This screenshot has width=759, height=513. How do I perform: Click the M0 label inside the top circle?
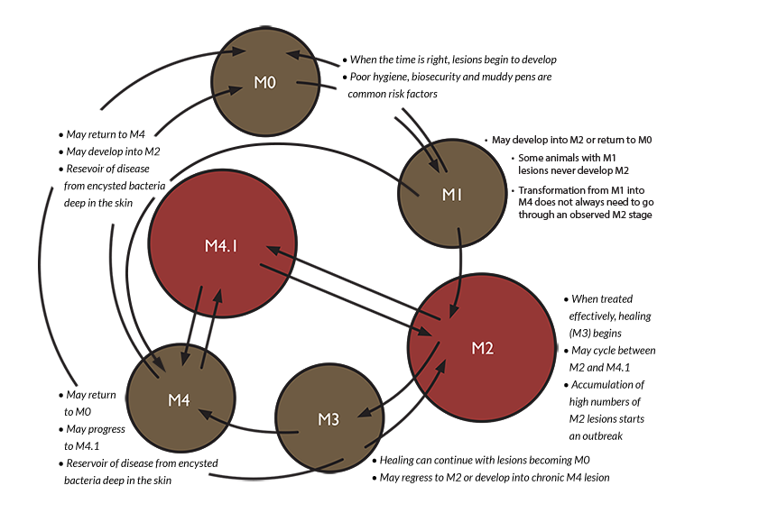point(264,83)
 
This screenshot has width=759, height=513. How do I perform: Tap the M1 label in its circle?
point(451,195)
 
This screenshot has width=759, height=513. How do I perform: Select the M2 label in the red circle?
point(483,348)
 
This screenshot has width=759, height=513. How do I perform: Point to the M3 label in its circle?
point(329,419)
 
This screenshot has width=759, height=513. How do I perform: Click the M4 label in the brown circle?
point(179,400)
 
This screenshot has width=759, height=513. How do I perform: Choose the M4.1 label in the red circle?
point(221,246)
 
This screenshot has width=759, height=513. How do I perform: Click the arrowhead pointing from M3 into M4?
point(206,415)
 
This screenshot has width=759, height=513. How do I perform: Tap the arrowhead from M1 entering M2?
point(454,310)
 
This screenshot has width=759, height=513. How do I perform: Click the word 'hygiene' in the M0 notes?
point(391,77)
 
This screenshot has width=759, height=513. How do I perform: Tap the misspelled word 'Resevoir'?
point(87,169)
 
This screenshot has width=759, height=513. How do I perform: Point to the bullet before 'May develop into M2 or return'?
point(486,141)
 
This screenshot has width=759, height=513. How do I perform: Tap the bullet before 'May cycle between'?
point(566,351)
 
